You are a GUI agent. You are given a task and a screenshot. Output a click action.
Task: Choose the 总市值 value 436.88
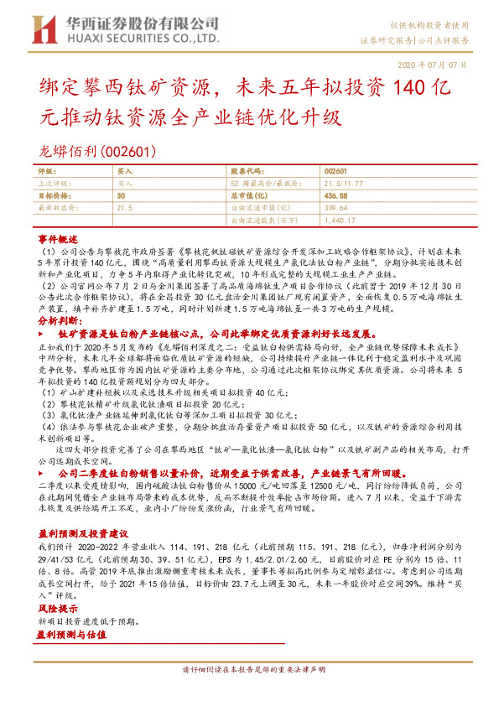(336, 195)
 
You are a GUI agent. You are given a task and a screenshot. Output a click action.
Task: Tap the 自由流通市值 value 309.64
(336, 207)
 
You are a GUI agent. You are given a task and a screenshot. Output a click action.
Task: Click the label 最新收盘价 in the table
(59, 207)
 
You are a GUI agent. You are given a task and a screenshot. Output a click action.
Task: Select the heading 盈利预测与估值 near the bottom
(71, 636)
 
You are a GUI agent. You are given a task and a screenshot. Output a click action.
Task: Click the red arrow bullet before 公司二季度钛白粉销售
(41, 472)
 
